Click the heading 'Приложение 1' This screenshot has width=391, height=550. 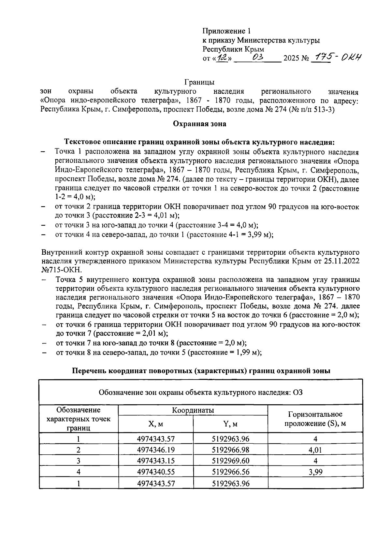pyautogui.click(x=227, y=31)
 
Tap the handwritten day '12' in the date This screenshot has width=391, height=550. pyautogui.click(x=223, y=58)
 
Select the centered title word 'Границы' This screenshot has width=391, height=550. pyautogui.click(x=199, y=82)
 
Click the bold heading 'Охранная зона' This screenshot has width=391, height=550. pyautogui.click(x=199, y=124)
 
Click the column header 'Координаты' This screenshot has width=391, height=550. pyautogui.click(x=193, y=410)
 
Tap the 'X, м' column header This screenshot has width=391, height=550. pyautogui.click(x=156, y=424)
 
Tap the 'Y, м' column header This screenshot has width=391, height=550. pyautogui.click(x=230, y=424)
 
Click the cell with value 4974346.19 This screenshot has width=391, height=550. pyautogui.click(x=156, y=450)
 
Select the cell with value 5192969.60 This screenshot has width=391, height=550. pyautogui.click(x=230, y=461)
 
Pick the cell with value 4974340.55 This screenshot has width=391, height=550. pyautogui.click(x=156, y=472)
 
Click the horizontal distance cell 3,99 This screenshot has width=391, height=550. pyautogui.click(x=315, y=472)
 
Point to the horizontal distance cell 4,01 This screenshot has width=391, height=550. pyautogui.click(x=315, y=450)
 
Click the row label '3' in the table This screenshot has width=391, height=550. pyautogui.click(x=79, y=461)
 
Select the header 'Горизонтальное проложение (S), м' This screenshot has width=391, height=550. pyautogui.click(x=315, y=419)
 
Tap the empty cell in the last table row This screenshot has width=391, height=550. pyautogui.click(x=315, y=483)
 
